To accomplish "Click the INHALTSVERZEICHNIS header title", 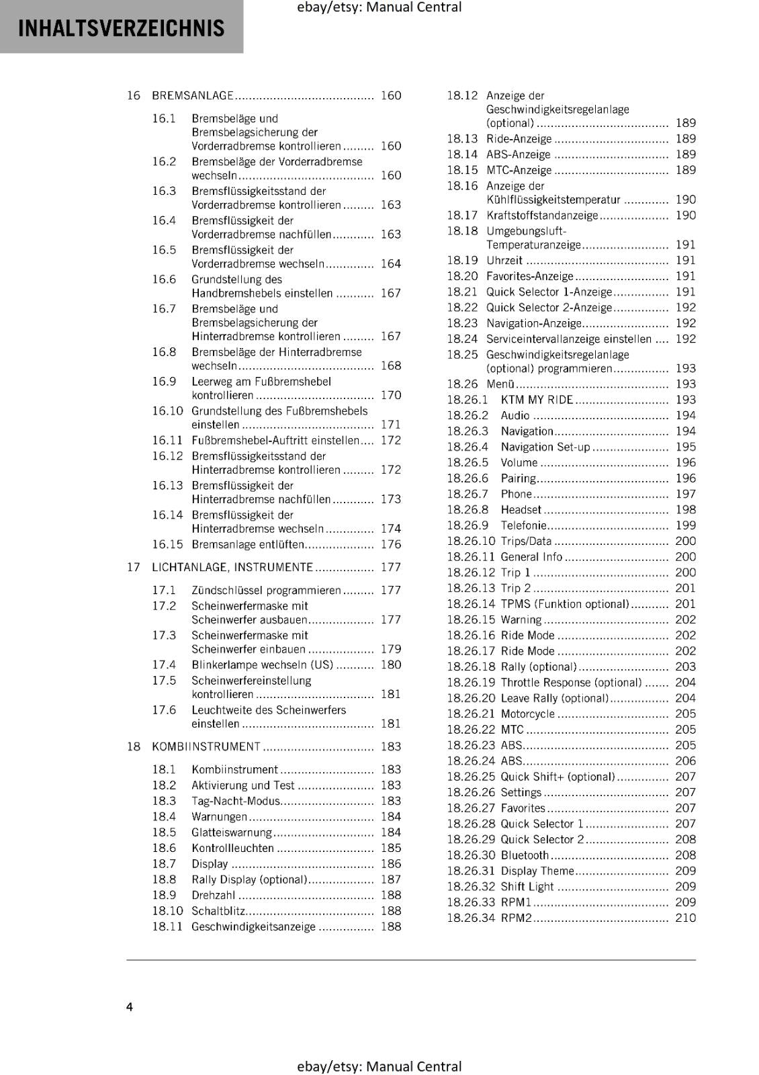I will pos(122,28).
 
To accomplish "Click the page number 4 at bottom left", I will pos(130,1006).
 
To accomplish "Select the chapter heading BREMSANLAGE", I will pos(193,95).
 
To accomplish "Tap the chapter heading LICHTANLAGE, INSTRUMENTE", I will pos(232,567).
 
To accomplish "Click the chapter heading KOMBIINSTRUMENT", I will pos(206,746).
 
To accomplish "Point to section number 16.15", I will pos(167,544).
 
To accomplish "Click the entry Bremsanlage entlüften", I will pos(248,544).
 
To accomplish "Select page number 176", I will pos(390,544).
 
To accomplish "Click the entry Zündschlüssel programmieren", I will pos(266,590).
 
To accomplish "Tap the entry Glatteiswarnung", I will pos(232,832).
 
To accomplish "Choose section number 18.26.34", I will pos(471,918).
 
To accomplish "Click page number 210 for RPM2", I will pos(685,918).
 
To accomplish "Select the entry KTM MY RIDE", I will pos(537,400).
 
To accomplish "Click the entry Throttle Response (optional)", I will pos(571,683).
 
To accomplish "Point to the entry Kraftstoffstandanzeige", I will pos(542,215).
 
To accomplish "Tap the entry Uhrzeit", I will pos(504,260).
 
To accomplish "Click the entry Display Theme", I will pos(537,871).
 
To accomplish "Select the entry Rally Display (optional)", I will pos(249,879).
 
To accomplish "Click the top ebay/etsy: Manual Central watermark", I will pos(379,7).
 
